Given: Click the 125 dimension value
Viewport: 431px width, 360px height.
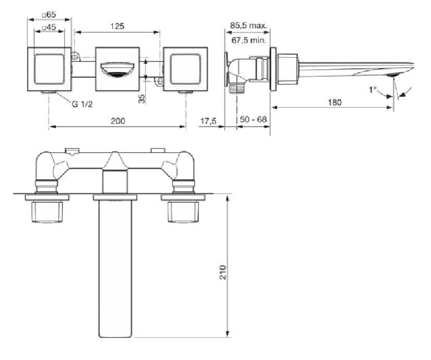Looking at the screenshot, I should pos(117,26).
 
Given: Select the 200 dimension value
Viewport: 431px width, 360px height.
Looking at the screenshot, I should pos(118,120).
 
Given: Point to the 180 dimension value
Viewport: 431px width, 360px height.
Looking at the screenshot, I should pos(335,102).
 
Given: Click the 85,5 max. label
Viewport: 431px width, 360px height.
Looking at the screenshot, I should pos(248,25).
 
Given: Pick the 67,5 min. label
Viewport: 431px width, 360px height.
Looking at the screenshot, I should pos(248,39).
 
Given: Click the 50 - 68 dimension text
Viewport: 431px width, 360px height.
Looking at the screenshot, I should pos(253,119).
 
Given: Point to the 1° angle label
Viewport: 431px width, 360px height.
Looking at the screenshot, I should pos(372,90).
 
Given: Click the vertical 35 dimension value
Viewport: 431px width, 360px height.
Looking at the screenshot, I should pos(142,98).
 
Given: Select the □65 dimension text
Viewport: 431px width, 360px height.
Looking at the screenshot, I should pos(49,15).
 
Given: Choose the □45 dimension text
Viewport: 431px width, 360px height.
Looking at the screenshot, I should pos(49,28).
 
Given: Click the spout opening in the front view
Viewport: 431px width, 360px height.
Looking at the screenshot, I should pos(117,69).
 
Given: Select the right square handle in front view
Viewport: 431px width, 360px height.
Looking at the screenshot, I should pos(186,68).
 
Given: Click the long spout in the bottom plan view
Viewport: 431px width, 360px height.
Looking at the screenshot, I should pos(115,266).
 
